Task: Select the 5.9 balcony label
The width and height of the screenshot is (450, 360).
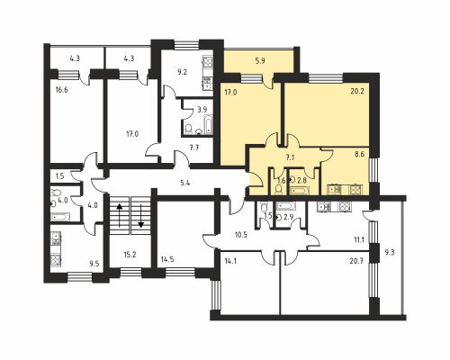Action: pos(260,60)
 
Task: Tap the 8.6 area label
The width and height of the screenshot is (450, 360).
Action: pos(359,156)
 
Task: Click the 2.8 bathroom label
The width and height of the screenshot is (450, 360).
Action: pos(302,181)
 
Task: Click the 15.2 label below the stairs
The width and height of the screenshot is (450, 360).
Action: pos(130,254)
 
